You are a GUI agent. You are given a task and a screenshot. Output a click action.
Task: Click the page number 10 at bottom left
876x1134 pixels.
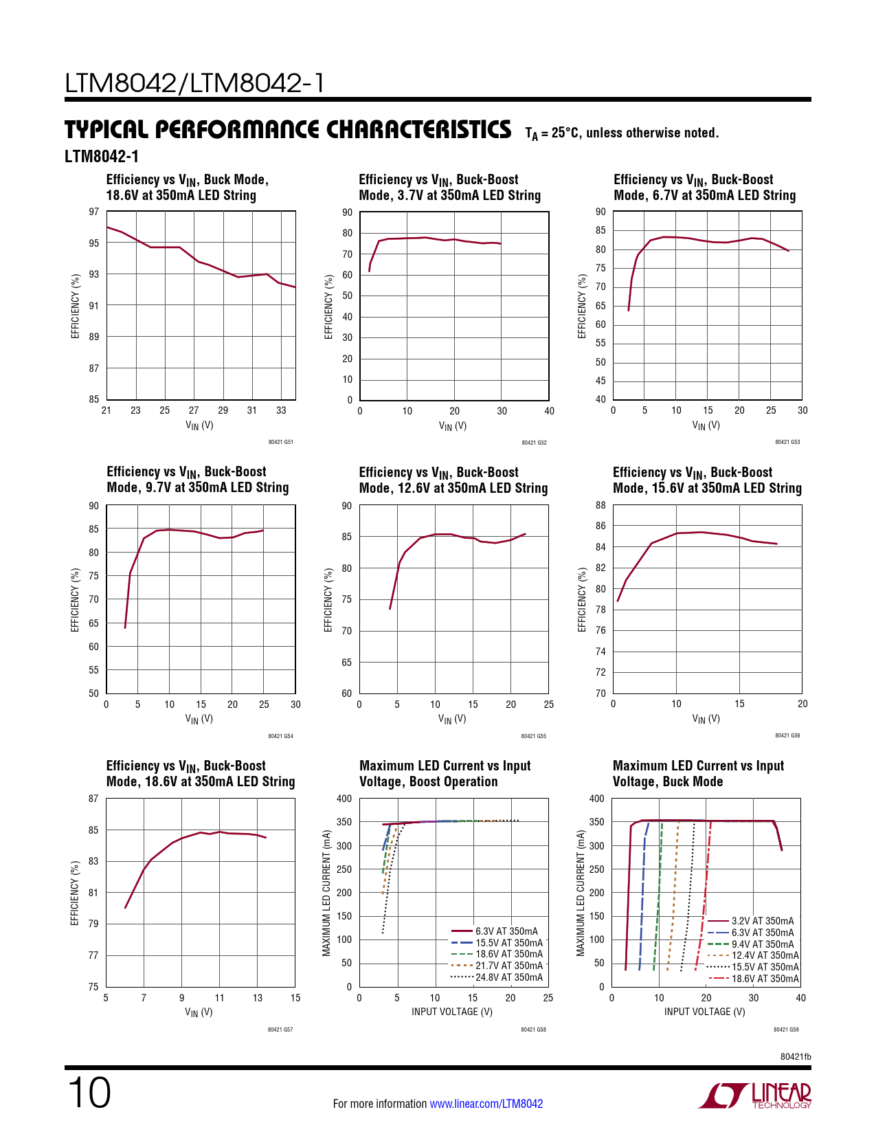(89, 1093)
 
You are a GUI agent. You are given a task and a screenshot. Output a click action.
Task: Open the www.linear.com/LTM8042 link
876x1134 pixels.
(486, 1104)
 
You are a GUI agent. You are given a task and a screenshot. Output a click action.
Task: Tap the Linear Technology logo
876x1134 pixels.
(755, 1096)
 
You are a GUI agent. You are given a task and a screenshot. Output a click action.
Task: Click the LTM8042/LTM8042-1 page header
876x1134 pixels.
(194, 84)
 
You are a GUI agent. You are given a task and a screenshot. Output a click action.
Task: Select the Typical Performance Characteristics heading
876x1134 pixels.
(288, 130)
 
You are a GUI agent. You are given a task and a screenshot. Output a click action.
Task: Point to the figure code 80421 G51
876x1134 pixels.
(280, 442)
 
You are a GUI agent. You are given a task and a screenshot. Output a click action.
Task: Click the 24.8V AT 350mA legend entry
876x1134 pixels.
(508, 977)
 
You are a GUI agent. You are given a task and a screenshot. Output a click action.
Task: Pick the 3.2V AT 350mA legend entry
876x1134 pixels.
(762, 921)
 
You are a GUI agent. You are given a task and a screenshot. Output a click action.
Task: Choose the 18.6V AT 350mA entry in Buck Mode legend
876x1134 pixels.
(765, 979)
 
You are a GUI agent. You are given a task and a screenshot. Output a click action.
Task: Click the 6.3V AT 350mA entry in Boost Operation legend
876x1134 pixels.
(506, 931)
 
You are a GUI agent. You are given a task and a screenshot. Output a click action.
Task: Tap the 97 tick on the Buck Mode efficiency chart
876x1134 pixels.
(94, 212)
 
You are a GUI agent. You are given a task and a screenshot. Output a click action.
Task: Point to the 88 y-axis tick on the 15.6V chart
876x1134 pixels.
(600, 505)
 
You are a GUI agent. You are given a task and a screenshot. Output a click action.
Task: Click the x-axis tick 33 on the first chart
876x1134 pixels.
(281, 410)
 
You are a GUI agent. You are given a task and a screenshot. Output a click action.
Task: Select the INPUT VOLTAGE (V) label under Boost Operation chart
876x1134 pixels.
(452, 1012)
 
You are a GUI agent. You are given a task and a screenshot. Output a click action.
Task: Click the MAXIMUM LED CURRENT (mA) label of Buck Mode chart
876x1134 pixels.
(581, 892)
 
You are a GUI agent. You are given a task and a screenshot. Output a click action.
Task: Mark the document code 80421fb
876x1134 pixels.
(796, 1056)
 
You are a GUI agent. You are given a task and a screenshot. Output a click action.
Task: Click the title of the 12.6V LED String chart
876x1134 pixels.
(453, 480)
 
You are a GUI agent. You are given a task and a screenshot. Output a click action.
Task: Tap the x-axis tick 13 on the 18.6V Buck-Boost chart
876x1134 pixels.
(258, 998)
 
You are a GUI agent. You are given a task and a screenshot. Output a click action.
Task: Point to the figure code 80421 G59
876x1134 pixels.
(786, 1030)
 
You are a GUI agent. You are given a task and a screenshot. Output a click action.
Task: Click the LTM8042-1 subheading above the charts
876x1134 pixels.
(102, 157)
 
